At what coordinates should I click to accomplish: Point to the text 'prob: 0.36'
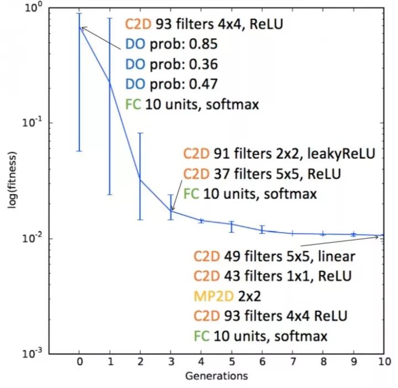(x=182, y=65)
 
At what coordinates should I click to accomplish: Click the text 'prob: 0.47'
(x=182, y=85)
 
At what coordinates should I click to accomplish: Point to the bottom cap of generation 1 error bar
(x=109, y=195)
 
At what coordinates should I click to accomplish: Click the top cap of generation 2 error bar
(x=140, y=133)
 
